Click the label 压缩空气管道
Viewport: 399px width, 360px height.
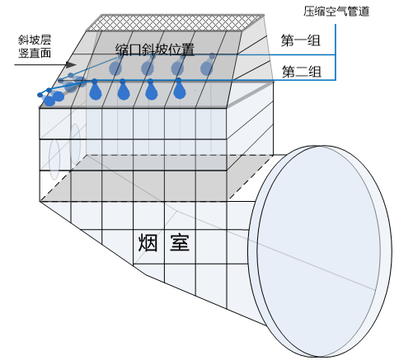tap(336, 12)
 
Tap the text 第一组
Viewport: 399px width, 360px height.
tap(301, 40)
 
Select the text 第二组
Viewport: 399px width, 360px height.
tap(302, 72)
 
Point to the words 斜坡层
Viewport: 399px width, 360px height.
tap(35, 40)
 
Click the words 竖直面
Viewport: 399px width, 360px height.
tap(35, 53)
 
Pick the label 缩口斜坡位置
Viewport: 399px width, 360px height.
tap(155, 49)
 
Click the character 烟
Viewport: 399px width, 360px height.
tap(148, 243)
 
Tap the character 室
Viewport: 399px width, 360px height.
tap(180, 243)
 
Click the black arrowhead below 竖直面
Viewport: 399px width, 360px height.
tap(71, 65)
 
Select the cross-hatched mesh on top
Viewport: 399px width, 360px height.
tap(175, 22)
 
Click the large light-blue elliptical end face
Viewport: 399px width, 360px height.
tap(320, 251)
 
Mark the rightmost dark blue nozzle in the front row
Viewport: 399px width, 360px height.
tap(179, 88)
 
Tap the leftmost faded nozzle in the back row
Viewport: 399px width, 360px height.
tap(115, 65)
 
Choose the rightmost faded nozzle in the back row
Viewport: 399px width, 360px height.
tap(207, 65)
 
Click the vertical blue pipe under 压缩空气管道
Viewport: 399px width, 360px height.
tap(336, 52)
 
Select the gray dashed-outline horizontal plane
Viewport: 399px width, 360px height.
tap(157, 178)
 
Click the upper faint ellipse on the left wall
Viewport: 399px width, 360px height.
tap(75, 144)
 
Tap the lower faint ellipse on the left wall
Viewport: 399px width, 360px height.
tap(54, 159)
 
